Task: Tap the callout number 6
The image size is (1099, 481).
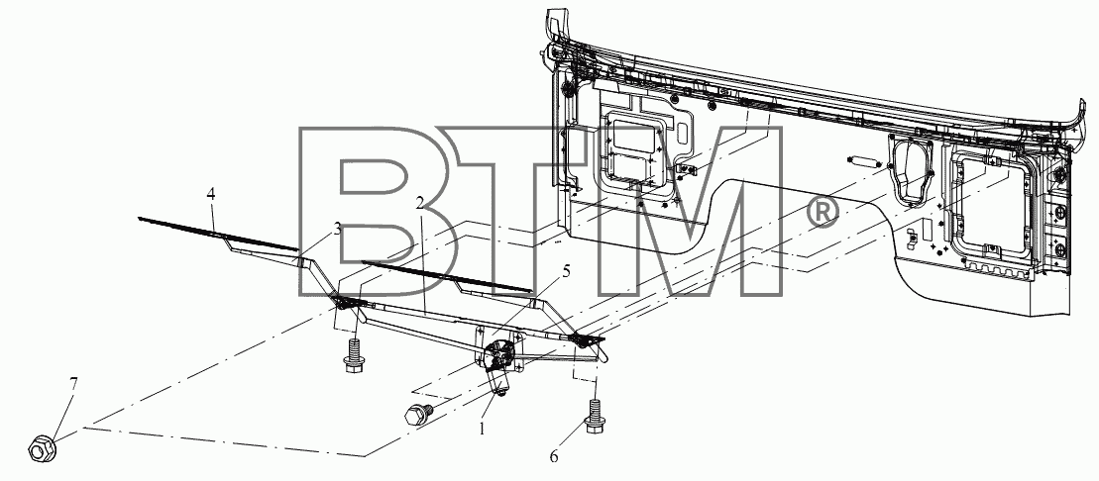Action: pyautogui.click(x=554, y=456)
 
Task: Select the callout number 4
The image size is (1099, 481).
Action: pyautogui.click(x=210, y=193)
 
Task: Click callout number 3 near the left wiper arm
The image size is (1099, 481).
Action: pyautogui.click(x=337, y=229)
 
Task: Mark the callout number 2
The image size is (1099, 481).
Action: pyautogui.click(x=419, y=203)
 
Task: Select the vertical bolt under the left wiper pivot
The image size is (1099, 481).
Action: pyautogui.click(x=353, y=352)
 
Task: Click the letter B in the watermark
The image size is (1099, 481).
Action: pyautogui.click(x=364, y=212)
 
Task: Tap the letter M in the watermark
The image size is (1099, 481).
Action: pyautogui.click(x=684, y=212)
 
